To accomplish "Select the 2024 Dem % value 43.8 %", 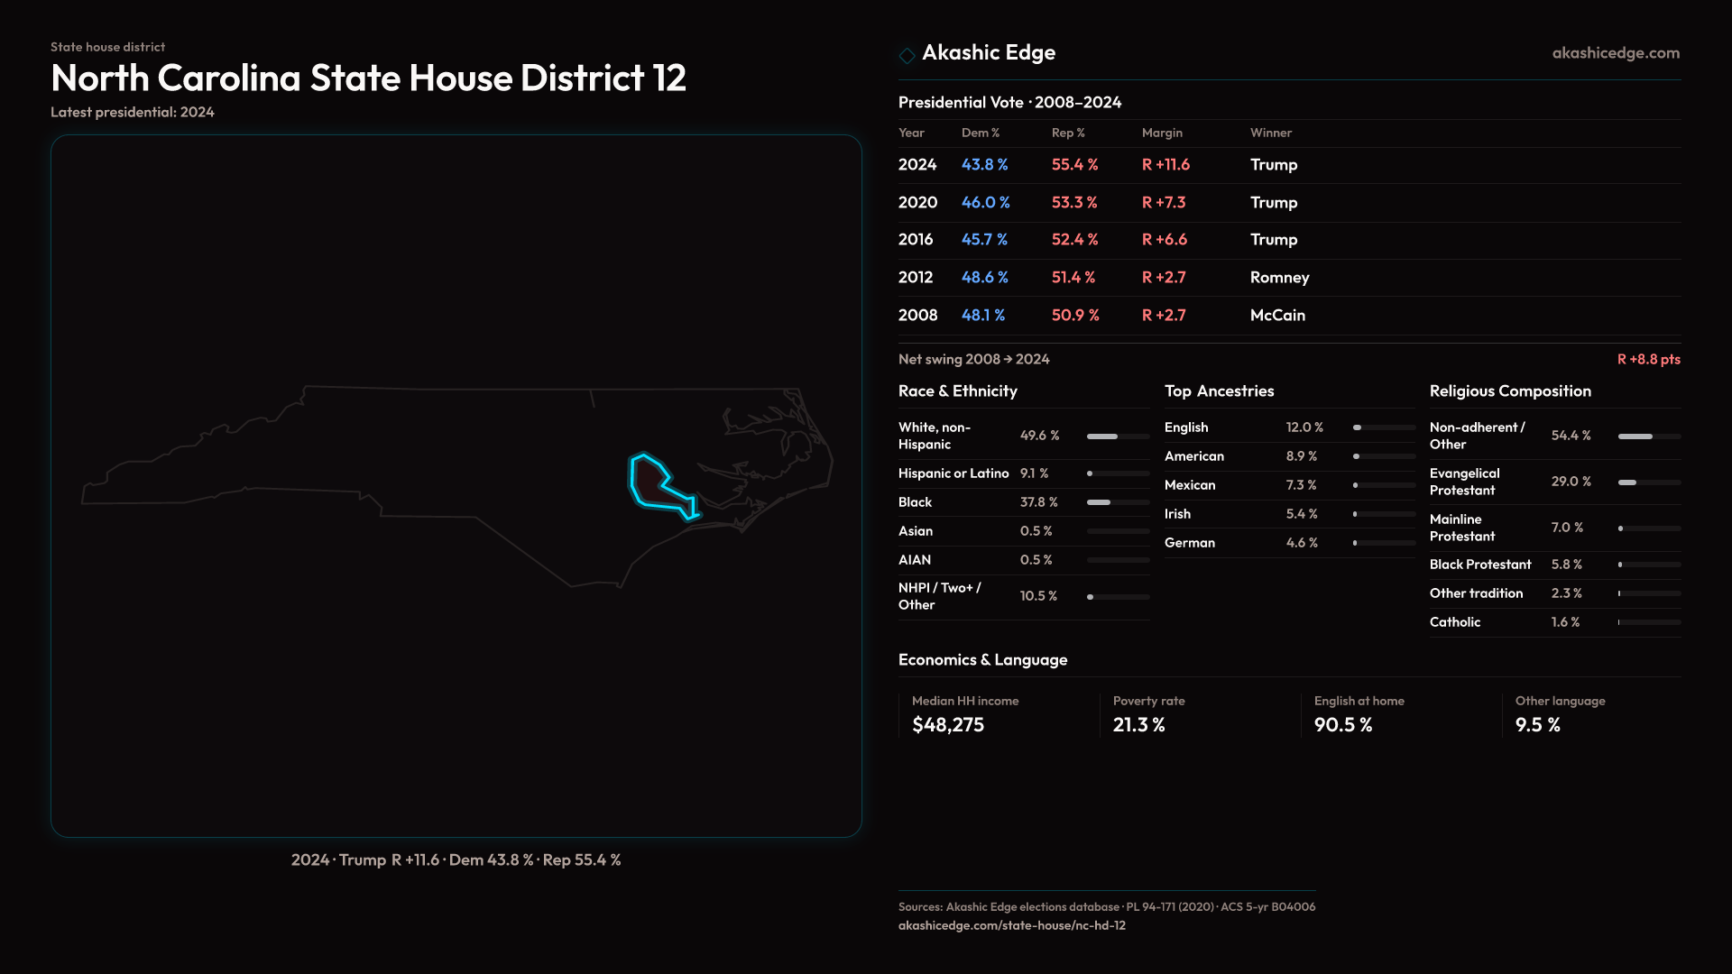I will pos(984,165).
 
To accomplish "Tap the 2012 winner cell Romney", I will pos(1279,278).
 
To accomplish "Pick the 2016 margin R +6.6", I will pos(1164,240).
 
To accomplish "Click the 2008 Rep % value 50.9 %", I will pos(1075,316).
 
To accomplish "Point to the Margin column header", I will pos(1162,133).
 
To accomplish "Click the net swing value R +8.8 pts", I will pos(1648,359).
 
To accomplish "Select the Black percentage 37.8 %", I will pos(1038,502).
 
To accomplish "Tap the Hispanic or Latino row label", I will pos(953,473).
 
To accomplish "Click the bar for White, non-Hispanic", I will pos(1117,436).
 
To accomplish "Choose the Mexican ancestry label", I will pos(1189,485).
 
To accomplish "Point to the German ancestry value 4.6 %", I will pos(1302,543).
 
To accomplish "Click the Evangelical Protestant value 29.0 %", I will pos(1571,482).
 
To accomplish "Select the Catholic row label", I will pos(1454,622).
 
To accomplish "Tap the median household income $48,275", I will pos(947,725).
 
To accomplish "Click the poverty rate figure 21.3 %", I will pos(1138,725).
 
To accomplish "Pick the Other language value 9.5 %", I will pos(1537,725).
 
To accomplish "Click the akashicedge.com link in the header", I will pos(1616,53).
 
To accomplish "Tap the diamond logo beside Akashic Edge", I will pos(907,55).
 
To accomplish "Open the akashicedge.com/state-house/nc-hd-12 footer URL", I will pos(1011,925).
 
